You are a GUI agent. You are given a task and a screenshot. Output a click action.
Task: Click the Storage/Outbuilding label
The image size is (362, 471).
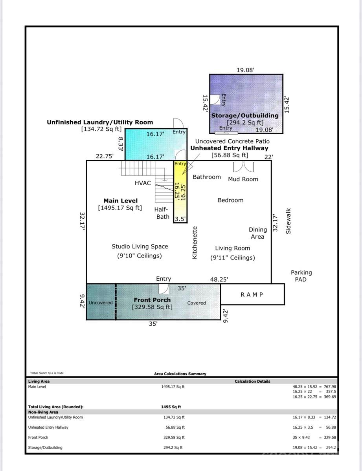pyautogui.click(x=245, y=115)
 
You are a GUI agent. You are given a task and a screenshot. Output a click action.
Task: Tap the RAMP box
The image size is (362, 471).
pyautogui.click(x=252, y=294)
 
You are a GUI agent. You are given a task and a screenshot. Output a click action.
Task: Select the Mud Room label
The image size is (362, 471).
pyautogui.click(x=243, y=179)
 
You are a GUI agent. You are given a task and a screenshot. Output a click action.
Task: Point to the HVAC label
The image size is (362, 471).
pyautogui.click(x=143, y=183)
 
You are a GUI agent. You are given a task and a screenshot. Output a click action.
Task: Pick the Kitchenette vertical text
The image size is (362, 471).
pyautogui.click(x=194, y=242)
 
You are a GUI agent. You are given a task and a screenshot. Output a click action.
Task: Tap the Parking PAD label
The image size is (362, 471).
pyautogui.click(x=301, y=276)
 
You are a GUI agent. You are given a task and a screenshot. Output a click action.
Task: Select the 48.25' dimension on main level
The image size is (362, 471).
pyautogui.click(x=219, y=279)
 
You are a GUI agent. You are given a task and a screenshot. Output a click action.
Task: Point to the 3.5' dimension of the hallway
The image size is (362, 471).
pyautogui.click(x=180, y=219)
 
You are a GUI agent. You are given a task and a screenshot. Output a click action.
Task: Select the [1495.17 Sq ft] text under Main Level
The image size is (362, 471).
pyautogui.click(x=120, y=208)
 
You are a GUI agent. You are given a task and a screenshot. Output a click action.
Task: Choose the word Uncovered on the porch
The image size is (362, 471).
pyautogui.click(x=101, y=303)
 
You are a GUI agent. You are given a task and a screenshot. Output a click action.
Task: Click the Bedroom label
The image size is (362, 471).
pyautogui.click(x=230, y=200)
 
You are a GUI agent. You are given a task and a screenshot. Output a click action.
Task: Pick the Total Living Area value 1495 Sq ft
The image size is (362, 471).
pyautogui.click(x=171, y=407)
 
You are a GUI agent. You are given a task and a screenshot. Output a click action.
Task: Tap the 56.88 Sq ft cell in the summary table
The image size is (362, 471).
pyautogui.click(x=175, y=427)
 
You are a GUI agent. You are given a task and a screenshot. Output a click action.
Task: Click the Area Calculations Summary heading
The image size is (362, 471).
pyautogui.click(x=180, y=374)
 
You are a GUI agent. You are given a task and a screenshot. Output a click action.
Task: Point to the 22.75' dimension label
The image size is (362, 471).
pyautogui.click(x=105, y=156)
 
